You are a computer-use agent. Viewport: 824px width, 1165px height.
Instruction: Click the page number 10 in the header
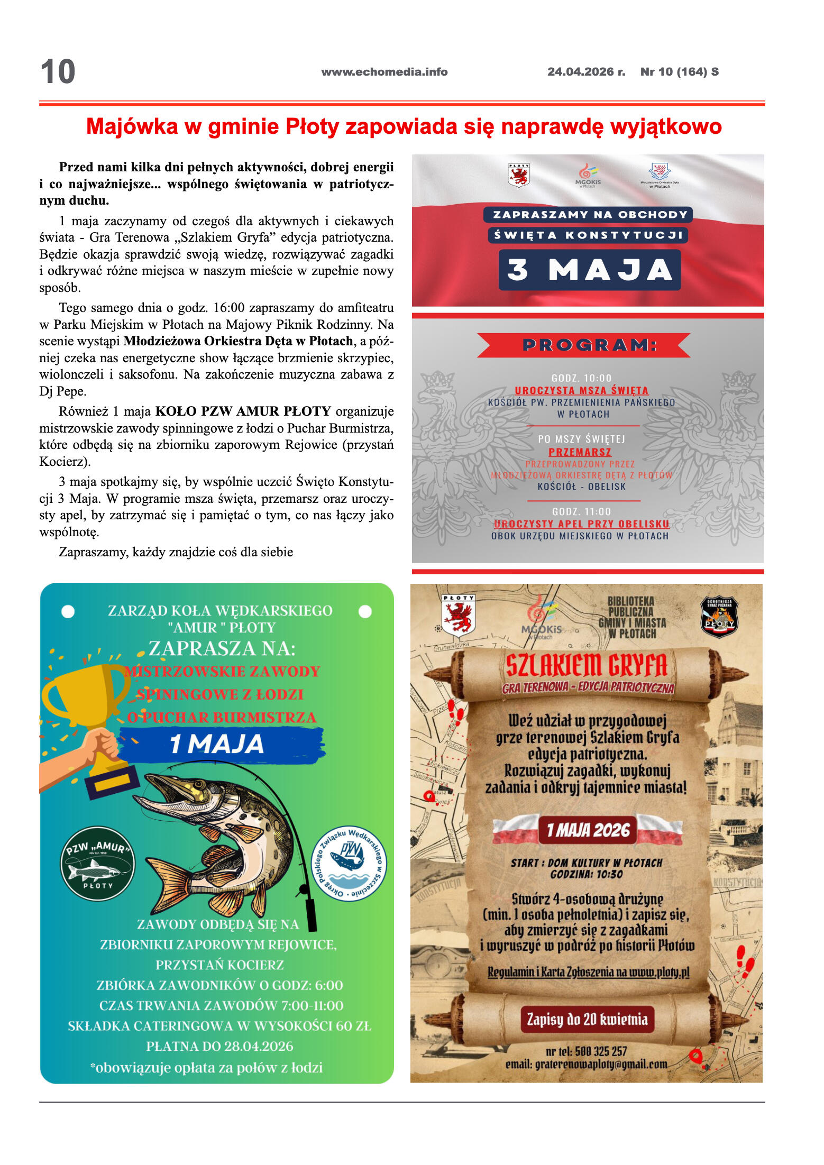(58, 72)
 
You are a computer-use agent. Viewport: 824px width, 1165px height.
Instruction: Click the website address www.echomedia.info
(384, 72)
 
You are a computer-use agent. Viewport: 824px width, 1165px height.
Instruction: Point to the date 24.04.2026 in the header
(581, 72)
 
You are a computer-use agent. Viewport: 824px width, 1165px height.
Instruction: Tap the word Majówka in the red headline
(132, 127)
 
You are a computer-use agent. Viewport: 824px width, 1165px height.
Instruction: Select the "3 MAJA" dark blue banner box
(589, 270)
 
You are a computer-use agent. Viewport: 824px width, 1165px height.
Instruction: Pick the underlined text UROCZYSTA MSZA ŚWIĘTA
(581, 390)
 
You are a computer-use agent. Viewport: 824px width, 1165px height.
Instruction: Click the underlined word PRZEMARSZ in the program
(580, 452)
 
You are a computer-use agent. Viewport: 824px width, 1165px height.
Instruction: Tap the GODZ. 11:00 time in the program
(581, 511)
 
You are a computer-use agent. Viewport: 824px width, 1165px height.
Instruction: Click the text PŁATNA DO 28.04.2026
(219, 1047)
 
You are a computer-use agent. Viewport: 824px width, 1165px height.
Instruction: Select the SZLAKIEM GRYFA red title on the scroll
(587, 666)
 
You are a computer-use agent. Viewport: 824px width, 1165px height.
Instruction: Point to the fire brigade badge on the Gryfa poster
(719, 617)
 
